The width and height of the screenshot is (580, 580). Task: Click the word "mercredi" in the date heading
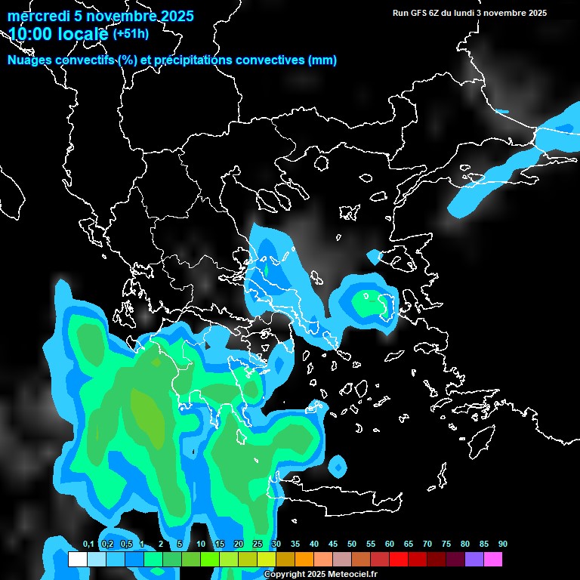[x=35, y=16]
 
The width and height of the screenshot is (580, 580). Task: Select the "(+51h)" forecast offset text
[x=131, y=34]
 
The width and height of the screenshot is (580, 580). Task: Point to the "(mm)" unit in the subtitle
[x=322, y=60]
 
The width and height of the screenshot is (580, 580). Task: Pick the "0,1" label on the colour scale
[x=88, y=545]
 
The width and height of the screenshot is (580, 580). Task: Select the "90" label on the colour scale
[x=503, y=545]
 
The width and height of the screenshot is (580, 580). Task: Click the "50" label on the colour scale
[x=352, y=545]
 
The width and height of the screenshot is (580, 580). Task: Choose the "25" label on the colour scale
[x=258, y=545]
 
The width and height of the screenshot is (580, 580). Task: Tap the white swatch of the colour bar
[x=77, y=560]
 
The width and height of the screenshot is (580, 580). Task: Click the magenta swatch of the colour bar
[x=492, y=560]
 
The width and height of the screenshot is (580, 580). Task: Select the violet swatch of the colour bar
[x=474, y=560]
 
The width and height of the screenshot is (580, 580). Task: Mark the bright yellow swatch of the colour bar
[x=266, y=560]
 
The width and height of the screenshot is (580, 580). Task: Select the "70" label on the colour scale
[x=427, y=545]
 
